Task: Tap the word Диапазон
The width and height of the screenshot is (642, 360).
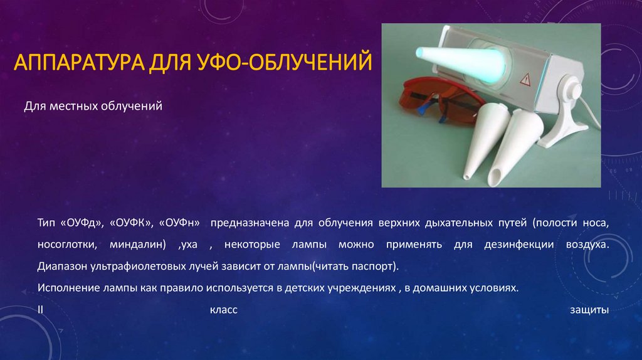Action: coord(60,266)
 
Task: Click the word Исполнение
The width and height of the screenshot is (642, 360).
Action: coord(66,288)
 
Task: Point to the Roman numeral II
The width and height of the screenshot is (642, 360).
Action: coord(39,310)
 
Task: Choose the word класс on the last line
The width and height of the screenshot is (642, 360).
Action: coord(223,310)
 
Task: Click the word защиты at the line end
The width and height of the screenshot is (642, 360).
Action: coord(589,310)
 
